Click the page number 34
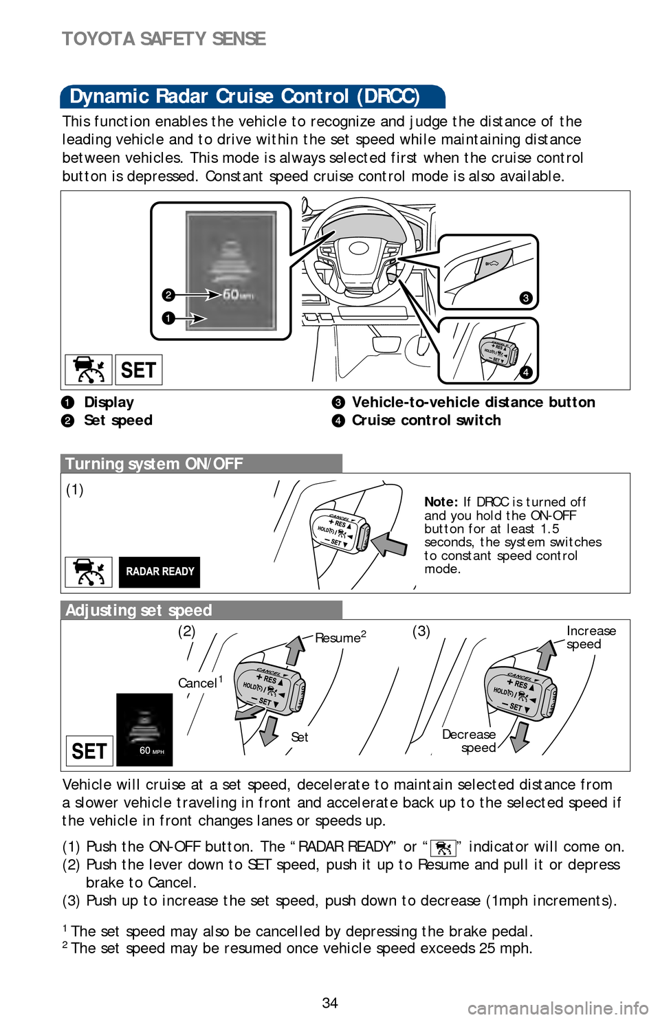tap(330, 1003)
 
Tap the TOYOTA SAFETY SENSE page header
tap(164, 38)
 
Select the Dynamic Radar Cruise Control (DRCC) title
tap(245, 96)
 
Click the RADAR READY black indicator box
tap(159, 572)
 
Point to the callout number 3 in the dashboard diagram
tap(525, 298)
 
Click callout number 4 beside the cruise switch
tap(525, 373)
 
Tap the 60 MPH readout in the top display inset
tap(237, 295)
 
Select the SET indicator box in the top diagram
tap(138, 370)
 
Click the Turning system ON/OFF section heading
tap(154, 464)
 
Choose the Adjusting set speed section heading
tap(139, 610)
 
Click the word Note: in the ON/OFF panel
tap(441, 502)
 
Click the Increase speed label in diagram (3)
tap(591, 637)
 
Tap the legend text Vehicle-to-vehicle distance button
tap(473, 402)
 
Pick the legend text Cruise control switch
tap(426, 420)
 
